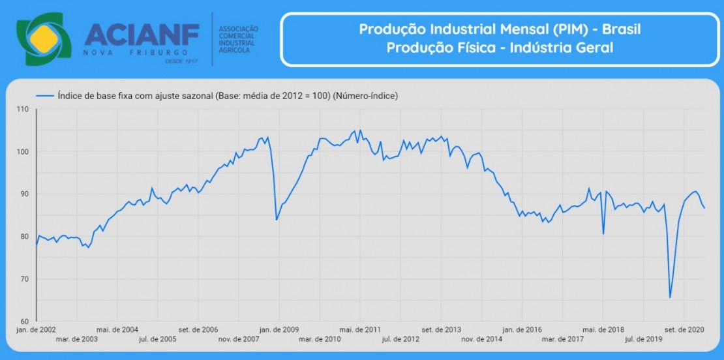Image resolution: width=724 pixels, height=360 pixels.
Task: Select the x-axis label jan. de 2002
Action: [37, 329]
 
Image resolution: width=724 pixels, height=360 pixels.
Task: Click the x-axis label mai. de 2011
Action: [360, 329]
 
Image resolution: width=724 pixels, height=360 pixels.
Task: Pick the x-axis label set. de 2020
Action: [684, 329]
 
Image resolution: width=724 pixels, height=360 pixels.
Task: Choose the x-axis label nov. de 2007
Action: [239, 339]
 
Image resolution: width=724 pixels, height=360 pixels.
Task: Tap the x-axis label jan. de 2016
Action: [522, 329]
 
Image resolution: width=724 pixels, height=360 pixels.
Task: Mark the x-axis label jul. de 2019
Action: [643, 339]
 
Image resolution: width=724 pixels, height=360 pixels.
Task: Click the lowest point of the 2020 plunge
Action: [670, 297]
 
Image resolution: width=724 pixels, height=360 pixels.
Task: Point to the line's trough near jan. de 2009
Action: [277, 219]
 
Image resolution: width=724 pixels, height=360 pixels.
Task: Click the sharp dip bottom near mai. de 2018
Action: [603, 233]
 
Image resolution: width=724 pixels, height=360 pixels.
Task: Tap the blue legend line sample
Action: [45, 95]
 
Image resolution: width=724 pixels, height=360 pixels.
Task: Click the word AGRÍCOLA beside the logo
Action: [234, 51]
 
